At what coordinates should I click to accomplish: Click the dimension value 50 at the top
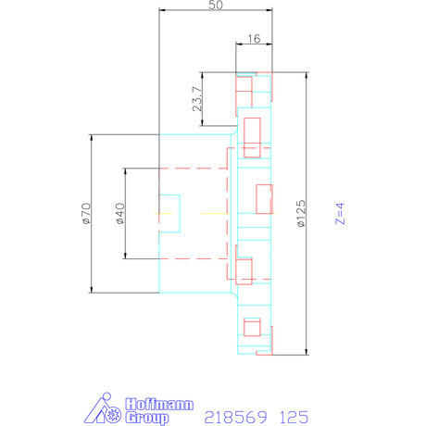(x=215, y=6)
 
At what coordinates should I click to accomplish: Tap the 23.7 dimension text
(x=196, y=100)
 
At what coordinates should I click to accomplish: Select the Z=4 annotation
(x=340, y=215)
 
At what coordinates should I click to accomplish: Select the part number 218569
(x=232, y=416)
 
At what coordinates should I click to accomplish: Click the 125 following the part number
(x=289, y=416)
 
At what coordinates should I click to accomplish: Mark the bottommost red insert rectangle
(x=249, y=325)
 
